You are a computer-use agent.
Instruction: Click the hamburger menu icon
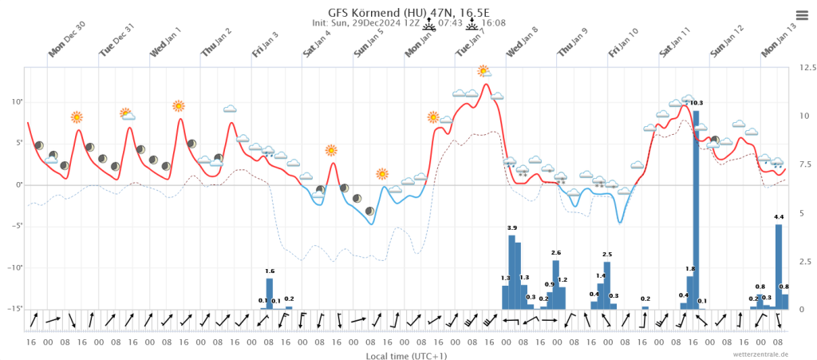(802, 15)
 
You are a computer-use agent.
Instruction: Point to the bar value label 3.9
(511, 228)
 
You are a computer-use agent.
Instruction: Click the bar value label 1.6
(270, 271)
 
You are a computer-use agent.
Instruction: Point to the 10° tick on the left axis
(16, 101)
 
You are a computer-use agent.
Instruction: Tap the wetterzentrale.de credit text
(761, 354)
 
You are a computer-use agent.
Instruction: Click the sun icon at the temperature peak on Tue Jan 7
(483, 71)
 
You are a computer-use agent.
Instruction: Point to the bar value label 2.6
(556, 253)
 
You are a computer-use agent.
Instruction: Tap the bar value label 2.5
(607, 255)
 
